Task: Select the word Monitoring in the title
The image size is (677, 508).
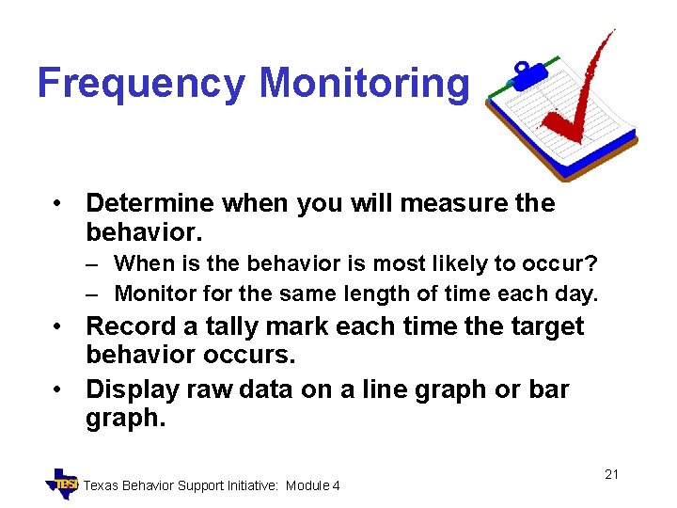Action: click(x=363, y=84)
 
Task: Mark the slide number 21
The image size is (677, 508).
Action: click(x=611, y=474)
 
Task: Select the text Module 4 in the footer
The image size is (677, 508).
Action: click(x=313, y=485)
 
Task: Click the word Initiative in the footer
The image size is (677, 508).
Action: click(x=250, y=485)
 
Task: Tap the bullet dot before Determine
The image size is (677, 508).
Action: click(x=58, y=204)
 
